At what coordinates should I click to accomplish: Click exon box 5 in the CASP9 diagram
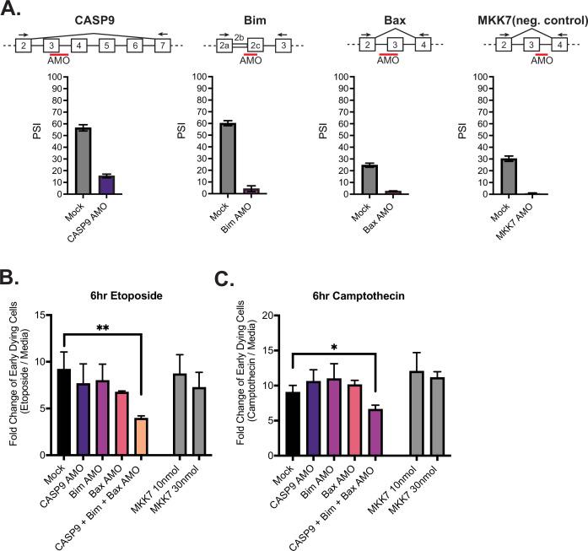(x=105, y=45)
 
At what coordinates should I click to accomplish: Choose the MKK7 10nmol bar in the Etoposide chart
(x=180, y=414)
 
